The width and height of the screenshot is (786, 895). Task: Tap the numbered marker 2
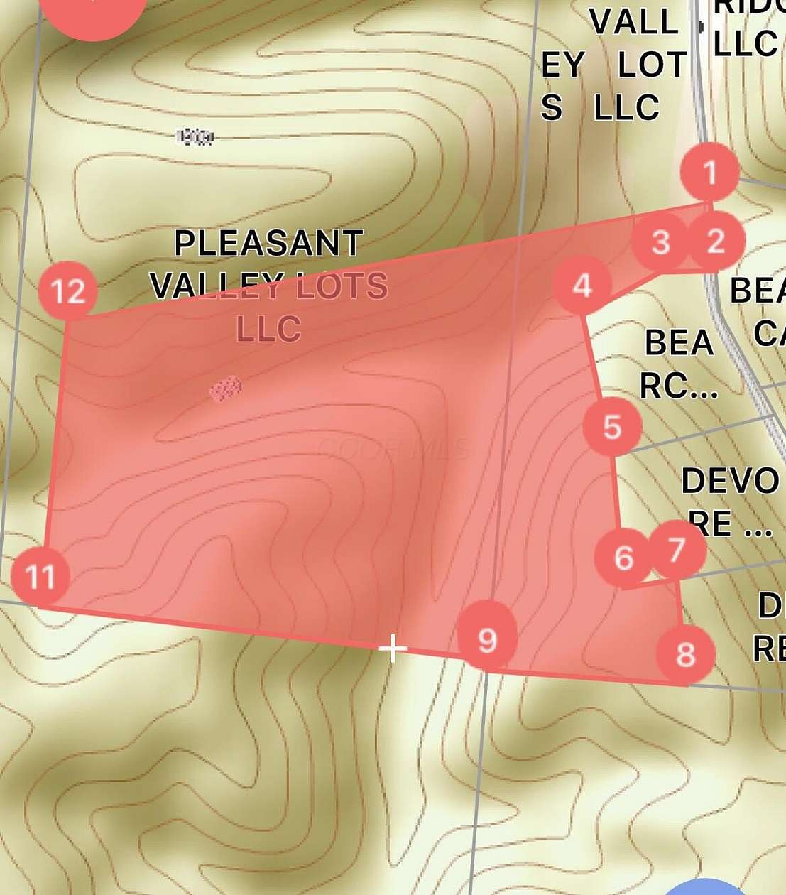[715, 241]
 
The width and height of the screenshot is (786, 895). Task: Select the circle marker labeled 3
[661, 242]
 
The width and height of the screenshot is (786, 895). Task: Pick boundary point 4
[582, 286]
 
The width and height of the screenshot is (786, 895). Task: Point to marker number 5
[612, 427]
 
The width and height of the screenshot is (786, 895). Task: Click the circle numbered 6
[623, 558]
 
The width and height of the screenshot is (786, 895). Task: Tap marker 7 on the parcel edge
[676, 549]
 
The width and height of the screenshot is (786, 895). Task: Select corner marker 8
[685, 653]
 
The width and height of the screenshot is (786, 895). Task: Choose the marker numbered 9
[487, 639]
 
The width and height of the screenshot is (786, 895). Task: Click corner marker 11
[40, 576]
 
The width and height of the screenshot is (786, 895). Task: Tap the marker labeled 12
[68, 291]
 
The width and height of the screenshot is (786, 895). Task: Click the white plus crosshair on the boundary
[393, 648]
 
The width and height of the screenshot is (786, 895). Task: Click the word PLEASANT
[268, 244]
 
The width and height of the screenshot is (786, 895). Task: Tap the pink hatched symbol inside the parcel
[226, 389]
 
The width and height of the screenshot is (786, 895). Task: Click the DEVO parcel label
[730, 482]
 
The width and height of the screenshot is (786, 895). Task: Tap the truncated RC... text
[678, 386]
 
